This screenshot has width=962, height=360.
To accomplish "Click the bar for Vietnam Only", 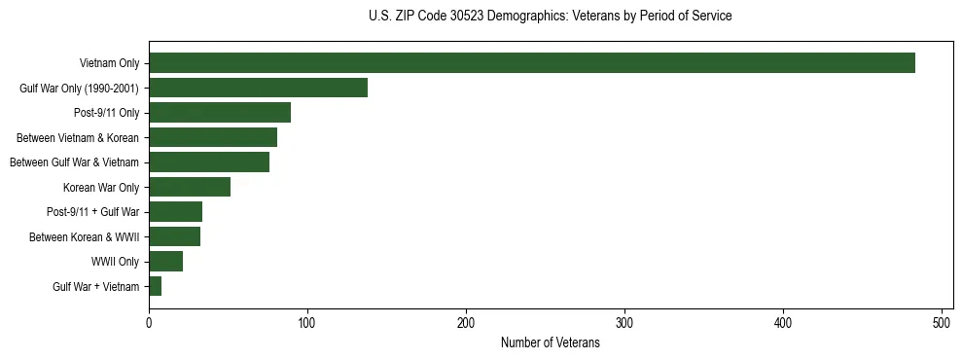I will [532, 63].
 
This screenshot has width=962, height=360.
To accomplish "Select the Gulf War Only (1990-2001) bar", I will [258, 88].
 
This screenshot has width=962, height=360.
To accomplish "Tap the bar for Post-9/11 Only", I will [220, 113].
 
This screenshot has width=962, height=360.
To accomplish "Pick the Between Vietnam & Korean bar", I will [213, 137].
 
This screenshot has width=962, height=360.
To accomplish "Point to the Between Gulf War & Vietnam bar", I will [209, 162].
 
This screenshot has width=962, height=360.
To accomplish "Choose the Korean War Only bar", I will [190, 187].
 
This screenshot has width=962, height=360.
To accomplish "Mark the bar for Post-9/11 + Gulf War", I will [176, 212].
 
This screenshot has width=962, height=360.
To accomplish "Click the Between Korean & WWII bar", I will [175, 236].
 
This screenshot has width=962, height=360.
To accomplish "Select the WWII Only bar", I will [166, 262].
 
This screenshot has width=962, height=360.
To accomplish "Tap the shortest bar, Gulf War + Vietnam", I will [156, 286].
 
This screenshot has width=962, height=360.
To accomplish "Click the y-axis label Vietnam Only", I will [109, 64].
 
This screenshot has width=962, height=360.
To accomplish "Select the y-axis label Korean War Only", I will [101, 187].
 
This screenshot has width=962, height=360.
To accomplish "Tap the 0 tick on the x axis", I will [149, 324].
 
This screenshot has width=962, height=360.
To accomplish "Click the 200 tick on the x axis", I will [466, 324].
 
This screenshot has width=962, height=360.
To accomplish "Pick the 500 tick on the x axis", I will [942, 324].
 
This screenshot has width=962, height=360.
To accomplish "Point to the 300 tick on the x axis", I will [624, 324].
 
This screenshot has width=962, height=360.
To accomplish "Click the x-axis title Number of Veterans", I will [550, 343].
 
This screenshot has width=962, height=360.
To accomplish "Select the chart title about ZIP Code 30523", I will [550, 17].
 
